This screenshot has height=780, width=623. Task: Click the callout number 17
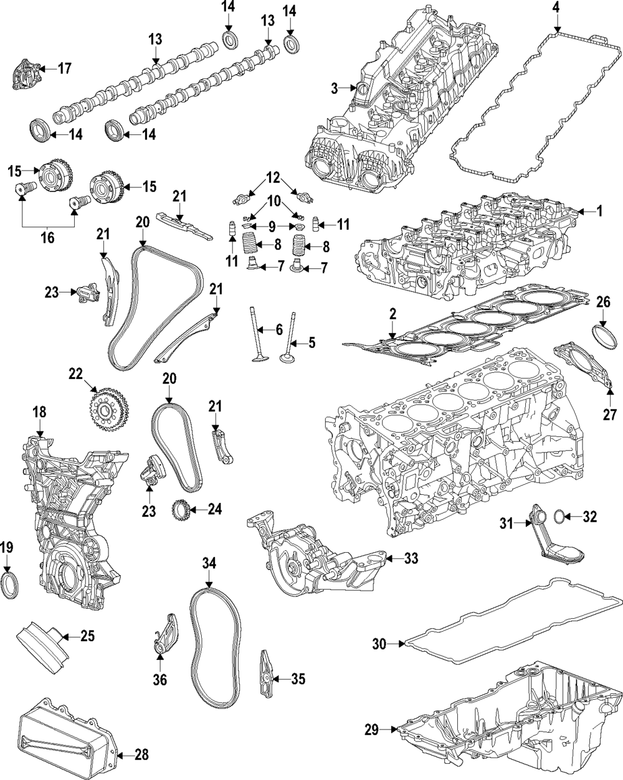tap(65, 68)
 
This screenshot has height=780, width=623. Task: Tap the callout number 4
tap(556, 8)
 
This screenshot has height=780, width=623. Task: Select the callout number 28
tap(142, 756)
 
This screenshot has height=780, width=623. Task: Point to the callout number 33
tap(411, 558)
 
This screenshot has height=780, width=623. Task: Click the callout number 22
tap(75, 374)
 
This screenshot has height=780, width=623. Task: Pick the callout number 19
tap(7, 548)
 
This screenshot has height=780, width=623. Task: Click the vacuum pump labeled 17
tap(28, 77)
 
